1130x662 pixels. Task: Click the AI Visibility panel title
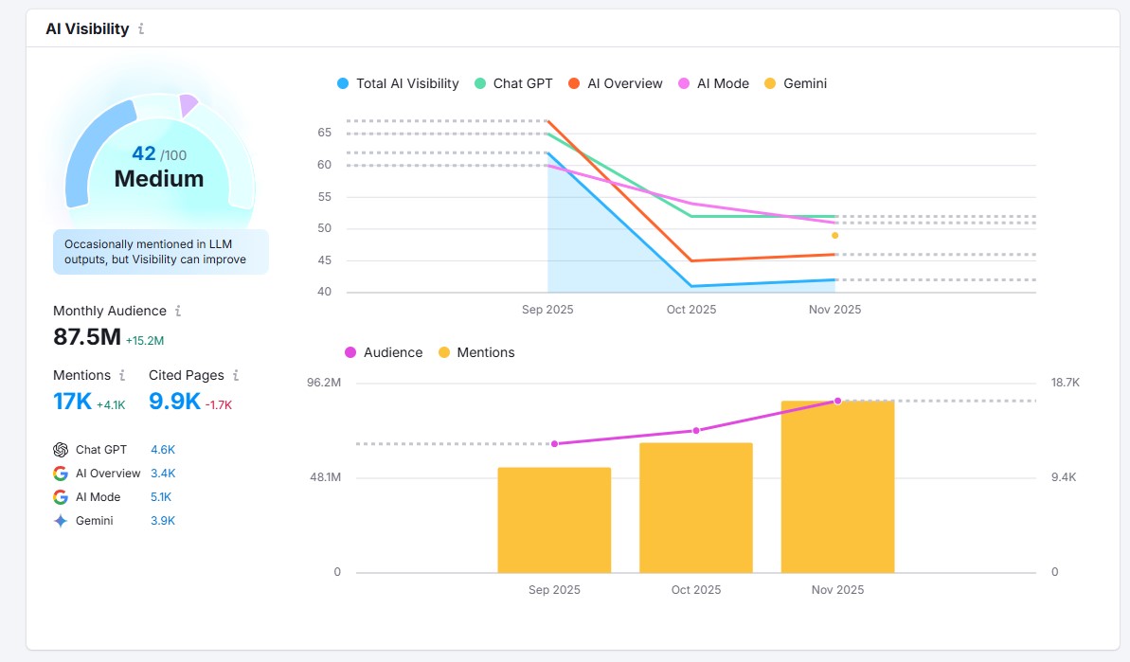pyautogui.click(x=87, y=28)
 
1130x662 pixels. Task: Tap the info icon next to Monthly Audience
pyautogui.click(x=178, y=311)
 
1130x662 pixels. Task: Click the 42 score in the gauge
pyautogui.click(x=144, y=153)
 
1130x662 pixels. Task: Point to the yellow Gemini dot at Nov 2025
pyautogui.click(x=834, y=235)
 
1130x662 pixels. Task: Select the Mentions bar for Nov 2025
pyautogui.click(x=837, y=487)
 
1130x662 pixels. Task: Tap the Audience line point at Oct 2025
pyautogui.click(x=696, y=431)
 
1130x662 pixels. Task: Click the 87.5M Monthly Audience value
pyautogui.click(x=86, y=337)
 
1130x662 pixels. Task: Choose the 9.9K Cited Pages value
pyautogui.click(x=174, y=402)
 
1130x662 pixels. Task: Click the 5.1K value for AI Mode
pyautogui.click(x=161, y=497)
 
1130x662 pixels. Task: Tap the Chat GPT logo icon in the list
pyautogui.click(x=61, y=450)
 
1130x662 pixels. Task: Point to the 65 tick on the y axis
pyautogui.click(x=325, y=133)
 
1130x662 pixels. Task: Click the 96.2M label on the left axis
pyautogui.click(x=324, y=383)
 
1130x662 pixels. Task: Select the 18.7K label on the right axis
pyautogui.click(x=1065, y=383)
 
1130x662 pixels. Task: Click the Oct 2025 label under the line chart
pyautogui.click(x=691, y=310)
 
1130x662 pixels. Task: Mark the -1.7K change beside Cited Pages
pyautogui.click(x=219, y=404)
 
